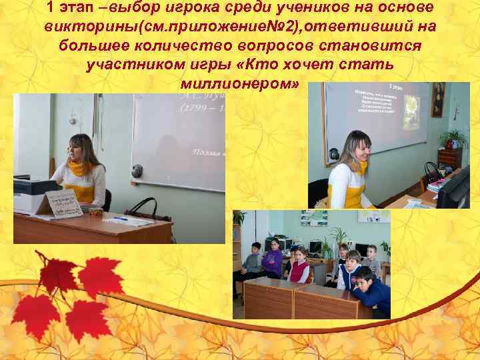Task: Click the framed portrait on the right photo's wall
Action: (437, 99)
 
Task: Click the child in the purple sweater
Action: (272, 260)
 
